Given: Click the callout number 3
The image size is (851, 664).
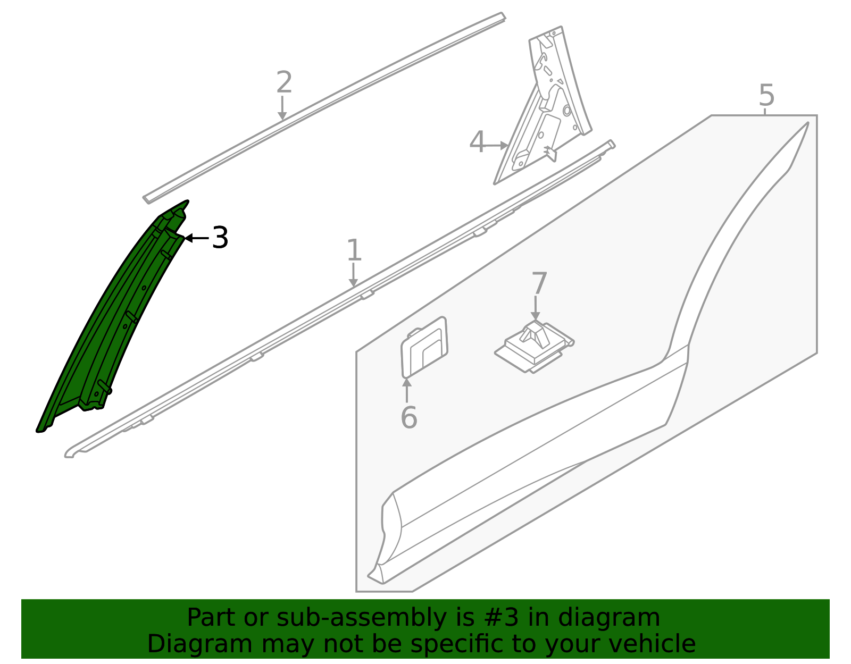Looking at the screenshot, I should click(220, 238).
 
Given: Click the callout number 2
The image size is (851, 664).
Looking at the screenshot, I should click(284, 83).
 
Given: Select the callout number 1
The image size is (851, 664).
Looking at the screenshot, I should click(354, 250).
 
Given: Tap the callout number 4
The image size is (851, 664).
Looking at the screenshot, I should click(477, 142).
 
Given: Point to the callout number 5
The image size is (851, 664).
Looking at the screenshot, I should click(766, 96).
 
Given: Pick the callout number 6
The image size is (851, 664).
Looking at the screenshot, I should click(408, 417).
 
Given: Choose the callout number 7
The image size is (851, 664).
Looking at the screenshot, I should click(539, 283).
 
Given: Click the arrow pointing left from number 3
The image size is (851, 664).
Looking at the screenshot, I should click(196, 238).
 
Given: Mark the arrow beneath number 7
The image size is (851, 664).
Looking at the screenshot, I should click(536, 308).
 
